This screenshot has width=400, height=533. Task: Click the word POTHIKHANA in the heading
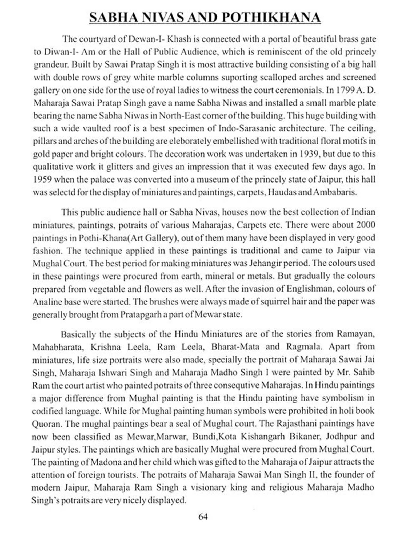point(271,18)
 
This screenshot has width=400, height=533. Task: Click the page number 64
point(203,517)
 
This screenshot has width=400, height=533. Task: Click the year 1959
point(42,179)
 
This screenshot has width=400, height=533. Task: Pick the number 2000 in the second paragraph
point(365,225)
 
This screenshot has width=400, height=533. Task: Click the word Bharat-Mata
point(235,346)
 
